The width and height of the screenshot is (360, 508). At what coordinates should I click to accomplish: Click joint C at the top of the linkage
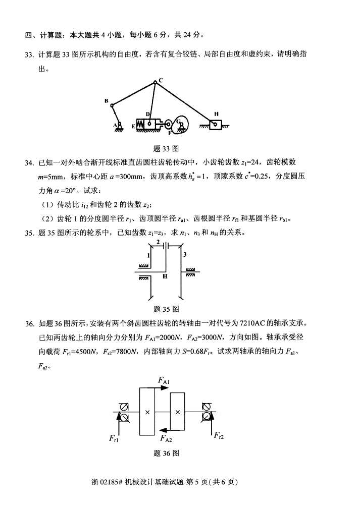pos(156,83)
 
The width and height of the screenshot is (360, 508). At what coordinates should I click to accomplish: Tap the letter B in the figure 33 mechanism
pos(107,101)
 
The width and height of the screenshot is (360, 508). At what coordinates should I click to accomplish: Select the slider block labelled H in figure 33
pos(215,124)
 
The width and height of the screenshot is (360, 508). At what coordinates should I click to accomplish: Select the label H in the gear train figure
pos(165,276)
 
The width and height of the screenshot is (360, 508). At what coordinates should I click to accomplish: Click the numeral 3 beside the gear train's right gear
pos(185,255)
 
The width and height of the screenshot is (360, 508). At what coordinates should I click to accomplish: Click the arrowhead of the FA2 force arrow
pos(159,430)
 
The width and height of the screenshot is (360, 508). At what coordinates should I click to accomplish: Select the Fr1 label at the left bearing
pos(114,438)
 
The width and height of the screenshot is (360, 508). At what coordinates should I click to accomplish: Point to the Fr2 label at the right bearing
pos(220,435)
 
